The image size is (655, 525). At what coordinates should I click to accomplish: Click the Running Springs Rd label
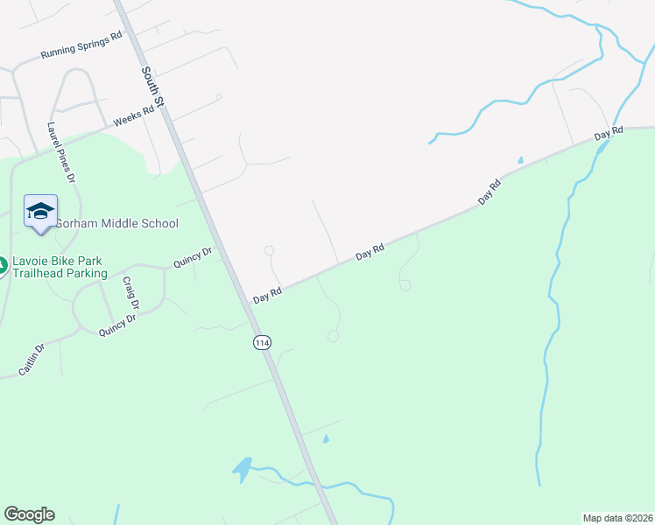81,48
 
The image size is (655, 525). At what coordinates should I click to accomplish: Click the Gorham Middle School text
116,223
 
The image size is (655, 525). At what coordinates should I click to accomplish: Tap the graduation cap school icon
41,211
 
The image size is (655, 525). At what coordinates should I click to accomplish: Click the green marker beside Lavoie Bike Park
3,264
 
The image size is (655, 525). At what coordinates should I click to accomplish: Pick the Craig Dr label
130,293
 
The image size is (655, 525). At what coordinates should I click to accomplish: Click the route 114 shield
261,342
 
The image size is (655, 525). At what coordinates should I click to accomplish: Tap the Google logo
29,514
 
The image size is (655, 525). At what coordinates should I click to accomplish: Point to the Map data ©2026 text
617,517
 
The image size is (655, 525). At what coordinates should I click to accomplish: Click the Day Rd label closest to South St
267,295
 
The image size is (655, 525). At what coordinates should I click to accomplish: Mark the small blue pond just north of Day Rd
520,161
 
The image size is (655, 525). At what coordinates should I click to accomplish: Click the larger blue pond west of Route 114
243,468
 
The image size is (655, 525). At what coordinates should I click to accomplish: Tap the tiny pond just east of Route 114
326,438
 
